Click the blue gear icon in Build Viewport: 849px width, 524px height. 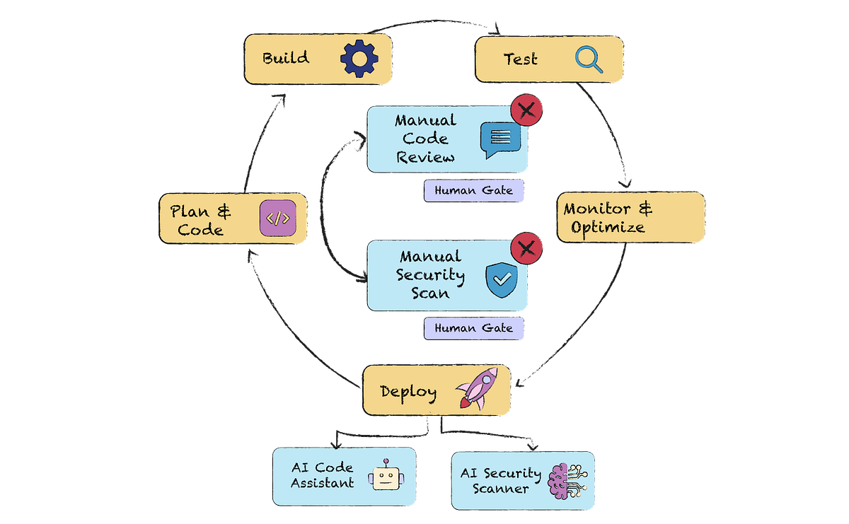[359, 59]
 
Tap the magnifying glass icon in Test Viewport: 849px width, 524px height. [589, 59]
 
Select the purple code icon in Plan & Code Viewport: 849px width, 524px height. [277, 219]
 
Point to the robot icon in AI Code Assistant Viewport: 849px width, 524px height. [383, 476]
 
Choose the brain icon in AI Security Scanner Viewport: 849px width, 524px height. [565, 479]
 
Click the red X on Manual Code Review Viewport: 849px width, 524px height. [527, 110]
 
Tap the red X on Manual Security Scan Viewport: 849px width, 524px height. [527, 248]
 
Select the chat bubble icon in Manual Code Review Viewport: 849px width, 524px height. [499, 139]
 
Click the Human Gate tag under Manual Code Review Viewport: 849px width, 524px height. [473, 190]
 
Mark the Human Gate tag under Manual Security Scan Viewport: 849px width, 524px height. [473, 328]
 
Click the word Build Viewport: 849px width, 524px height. [286, 58]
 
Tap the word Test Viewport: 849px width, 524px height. [520, 59]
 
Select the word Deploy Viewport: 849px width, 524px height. [408, 391]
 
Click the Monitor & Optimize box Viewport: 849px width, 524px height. [630, 218]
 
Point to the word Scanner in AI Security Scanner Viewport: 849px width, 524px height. [500, 488]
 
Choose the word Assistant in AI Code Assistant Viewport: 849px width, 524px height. [323, 484]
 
